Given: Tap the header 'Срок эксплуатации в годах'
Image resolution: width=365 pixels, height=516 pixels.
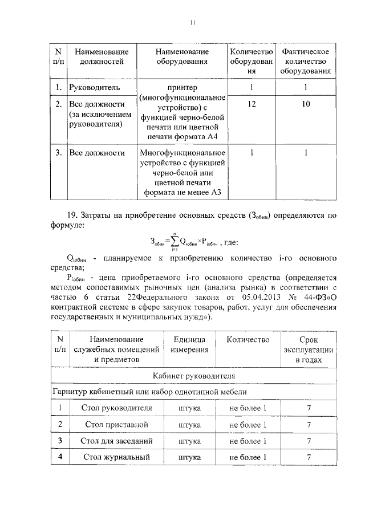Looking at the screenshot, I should pos(308,350).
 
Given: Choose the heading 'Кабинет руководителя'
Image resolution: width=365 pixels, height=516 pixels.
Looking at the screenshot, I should pos(193,376).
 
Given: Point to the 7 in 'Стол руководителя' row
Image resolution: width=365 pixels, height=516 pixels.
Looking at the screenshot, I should pos(308,409).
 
